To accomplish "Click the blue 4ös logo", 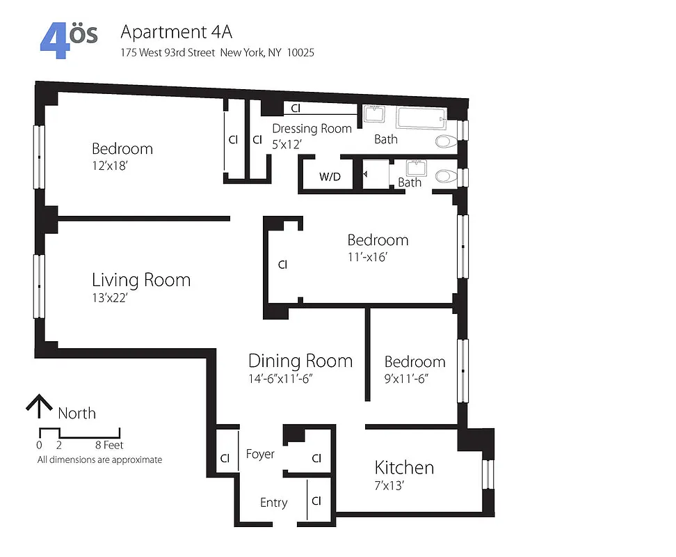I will point(68,40).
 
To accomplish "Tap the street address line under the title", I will point(217,52).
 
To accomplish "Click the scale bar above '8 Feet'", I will point(79,433).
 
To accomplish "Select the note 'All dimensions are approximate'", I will point(99,460).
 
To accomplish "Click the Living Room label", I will point(141,280).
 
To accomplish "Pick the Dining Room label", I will point(300,361).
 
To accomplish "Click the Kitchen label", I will point(404,467).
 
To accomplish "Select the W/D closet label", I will point(330,177).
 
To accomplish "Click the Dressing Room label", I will point(312,129).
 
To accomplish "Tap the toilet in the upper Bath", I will point(446,142).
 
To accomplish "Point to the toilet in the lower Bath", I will point(446,176).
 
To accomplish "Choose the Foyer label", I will point(260,454).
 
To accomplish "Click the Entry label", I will point(273,503).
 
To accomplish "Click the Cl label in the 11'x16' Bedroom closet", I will point(282,265).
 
